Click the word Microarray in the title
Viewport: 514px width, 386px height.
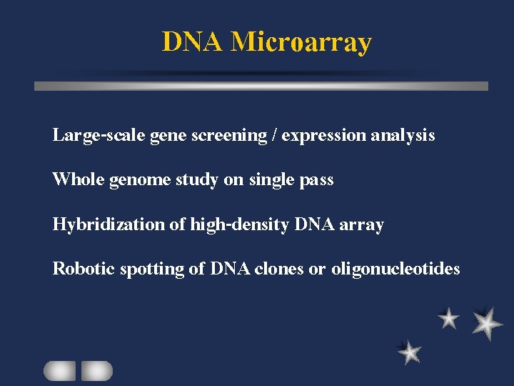pos(301,43)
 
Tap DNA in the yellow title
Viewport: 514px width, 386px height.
pos(193,42)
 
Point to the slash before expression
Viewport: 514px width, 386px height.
pos(274,135)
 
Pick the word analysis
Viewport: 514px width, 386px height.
pos(403,135)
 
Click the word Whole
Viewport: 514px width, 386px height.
pos(79,179)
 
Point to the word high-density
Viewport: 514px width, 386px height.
pos(239,224)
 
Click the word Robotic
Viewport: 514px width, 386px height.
pos(84,269)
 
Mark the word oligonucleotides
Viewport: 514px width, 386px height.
pos(395,269)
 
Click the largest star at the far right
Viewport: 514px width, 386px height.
pos(488,322)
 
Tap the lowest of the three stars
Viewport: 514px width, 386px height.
pos(410,352)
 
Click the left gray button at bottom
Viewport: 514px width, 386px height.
pos(59,371)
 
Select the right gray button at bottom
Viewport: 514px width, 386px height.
pos(96,371)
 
